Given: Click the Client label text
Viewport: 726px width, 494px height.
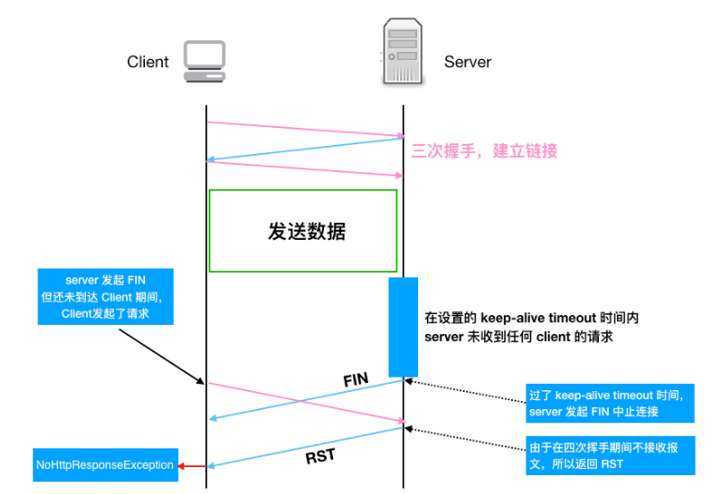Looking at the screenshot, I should tap(148, 62).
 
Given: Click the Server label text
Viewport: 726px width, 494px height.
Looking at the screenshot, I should tap(467, 62).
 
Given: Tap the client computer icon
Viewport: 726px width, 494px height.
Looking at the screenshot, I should tap(205, 60).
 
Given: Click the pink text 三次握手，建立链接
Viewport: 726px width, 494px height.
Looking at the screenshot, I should tap(484, 150).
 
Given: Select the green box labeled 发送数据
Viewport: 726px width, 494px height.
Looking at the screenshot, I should tap(303, 230).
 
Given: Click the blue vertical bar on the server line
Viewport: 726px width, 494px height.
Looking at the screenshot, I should tap(403, 327).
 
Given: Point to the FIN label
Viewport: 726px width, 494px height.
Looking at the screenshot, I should tap(356, 379).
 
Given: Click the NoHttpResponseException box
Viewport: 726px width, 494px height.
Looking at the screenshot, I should tap(104, 465).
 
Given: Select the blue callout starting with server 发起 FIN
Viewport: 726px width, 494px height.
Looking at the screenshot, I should tap(106, 296).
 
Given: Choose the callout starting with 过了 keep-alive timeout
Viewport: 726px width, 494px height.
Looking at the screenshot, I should tap(610, 403).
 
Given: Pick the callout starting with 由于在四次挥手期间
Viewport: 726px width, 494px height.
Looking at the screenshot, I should tap(610, 456).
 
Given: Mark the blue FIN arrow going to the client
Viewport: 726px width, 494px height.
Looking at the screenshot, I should tap(304, 399).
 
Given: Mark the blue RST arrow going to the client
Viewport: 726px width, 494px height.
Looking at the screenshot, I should tap(304, 447).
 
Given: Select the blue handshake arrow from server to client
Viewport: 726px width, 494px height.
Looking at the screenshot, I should tap(304, 149).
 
